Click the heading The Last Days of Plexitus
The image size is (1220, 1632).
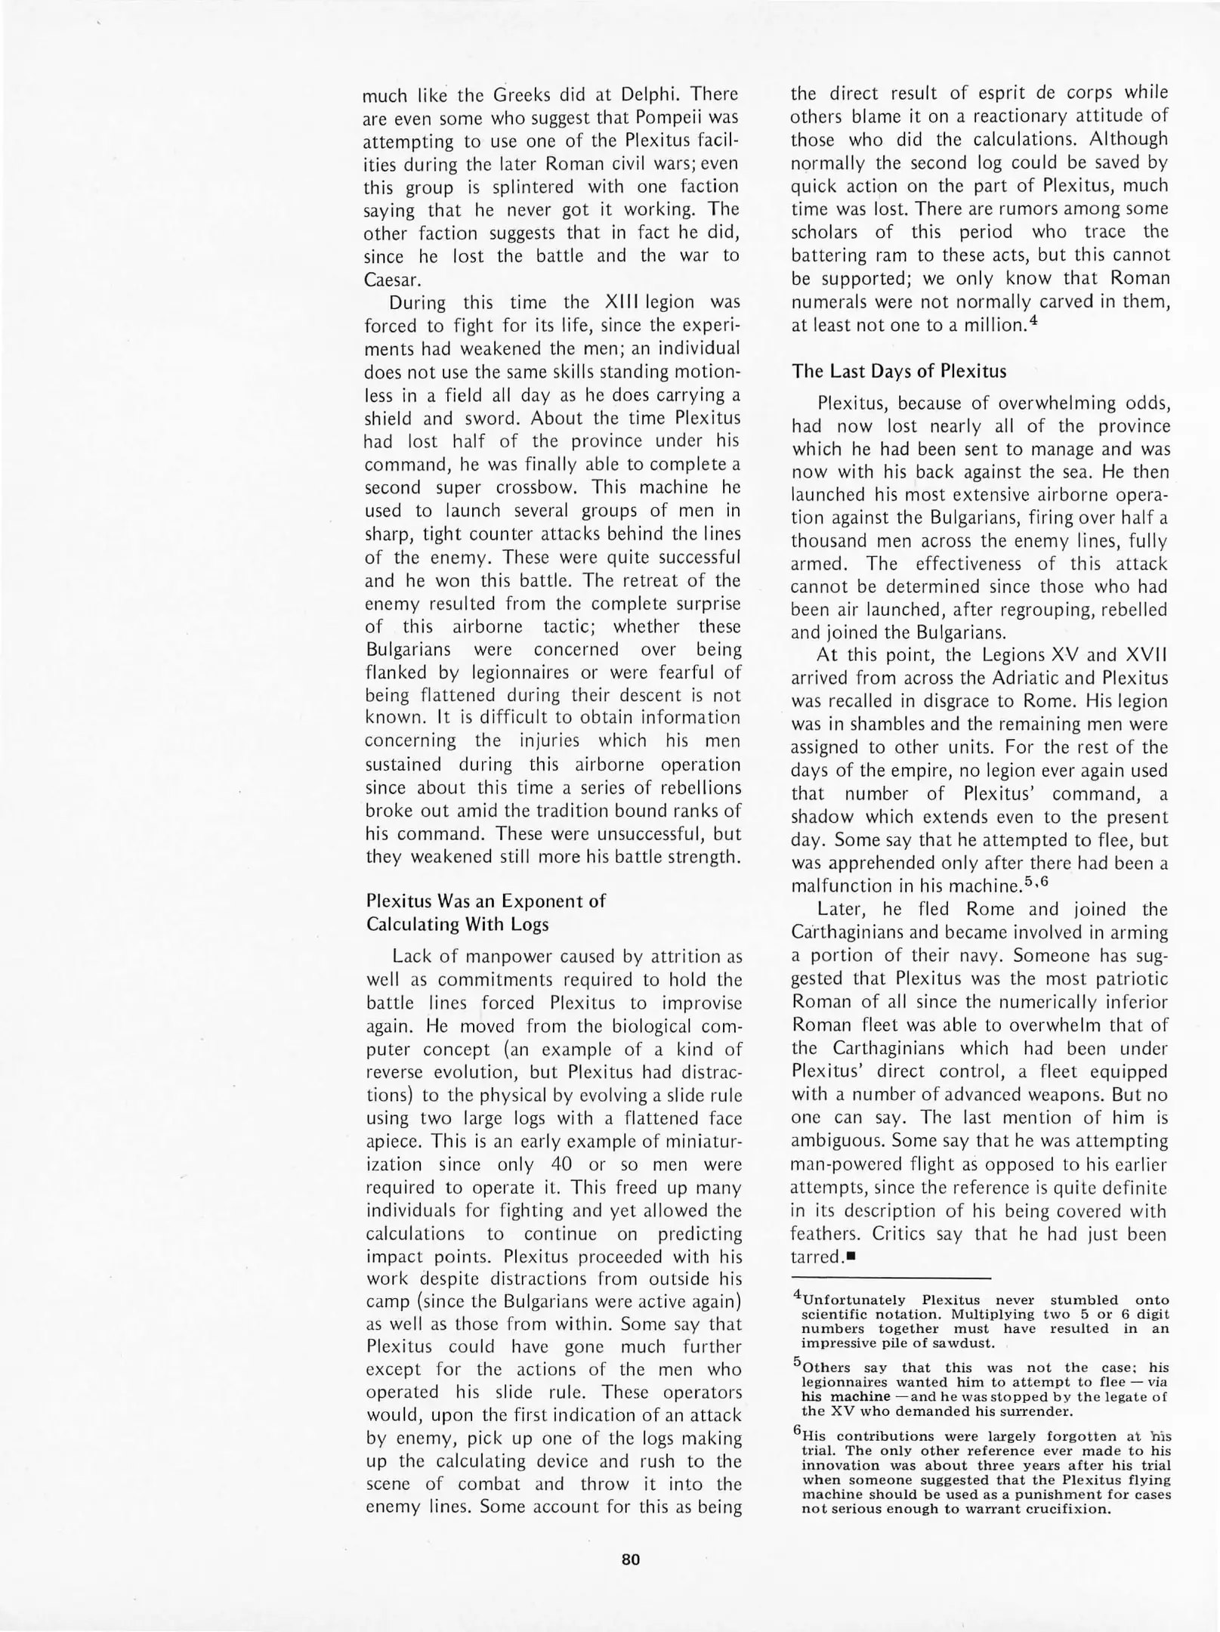(x=899, y=372)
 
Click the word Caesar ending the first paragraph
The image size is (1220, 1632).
(x=391, y=280)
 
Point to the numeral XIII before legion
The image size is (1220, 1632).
(x=626, y=303)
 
